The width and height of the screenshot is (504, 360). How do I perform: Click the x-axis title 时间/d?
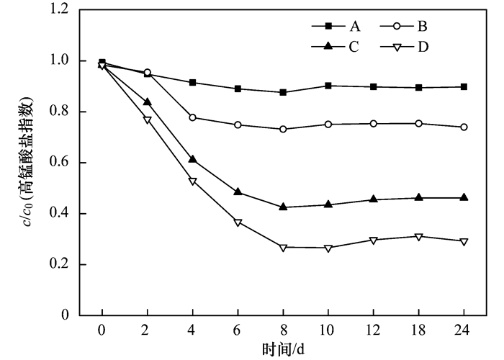point(283,348)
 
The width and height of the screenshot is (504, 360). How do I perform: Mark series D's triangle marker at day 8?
point(283,247)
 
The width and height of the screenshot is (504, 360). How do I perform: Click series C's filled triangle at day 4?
point(192,159)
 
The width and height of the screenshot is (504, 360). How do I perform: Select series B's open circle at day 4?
point(192,117)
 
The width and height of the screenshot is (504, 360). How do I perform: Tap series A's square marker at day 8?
point(283,92)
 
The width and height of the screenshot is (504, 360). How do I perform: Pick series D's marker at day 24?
point(464,241)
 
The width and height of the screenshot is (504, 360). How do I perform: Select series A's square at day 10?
point(328,86)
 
